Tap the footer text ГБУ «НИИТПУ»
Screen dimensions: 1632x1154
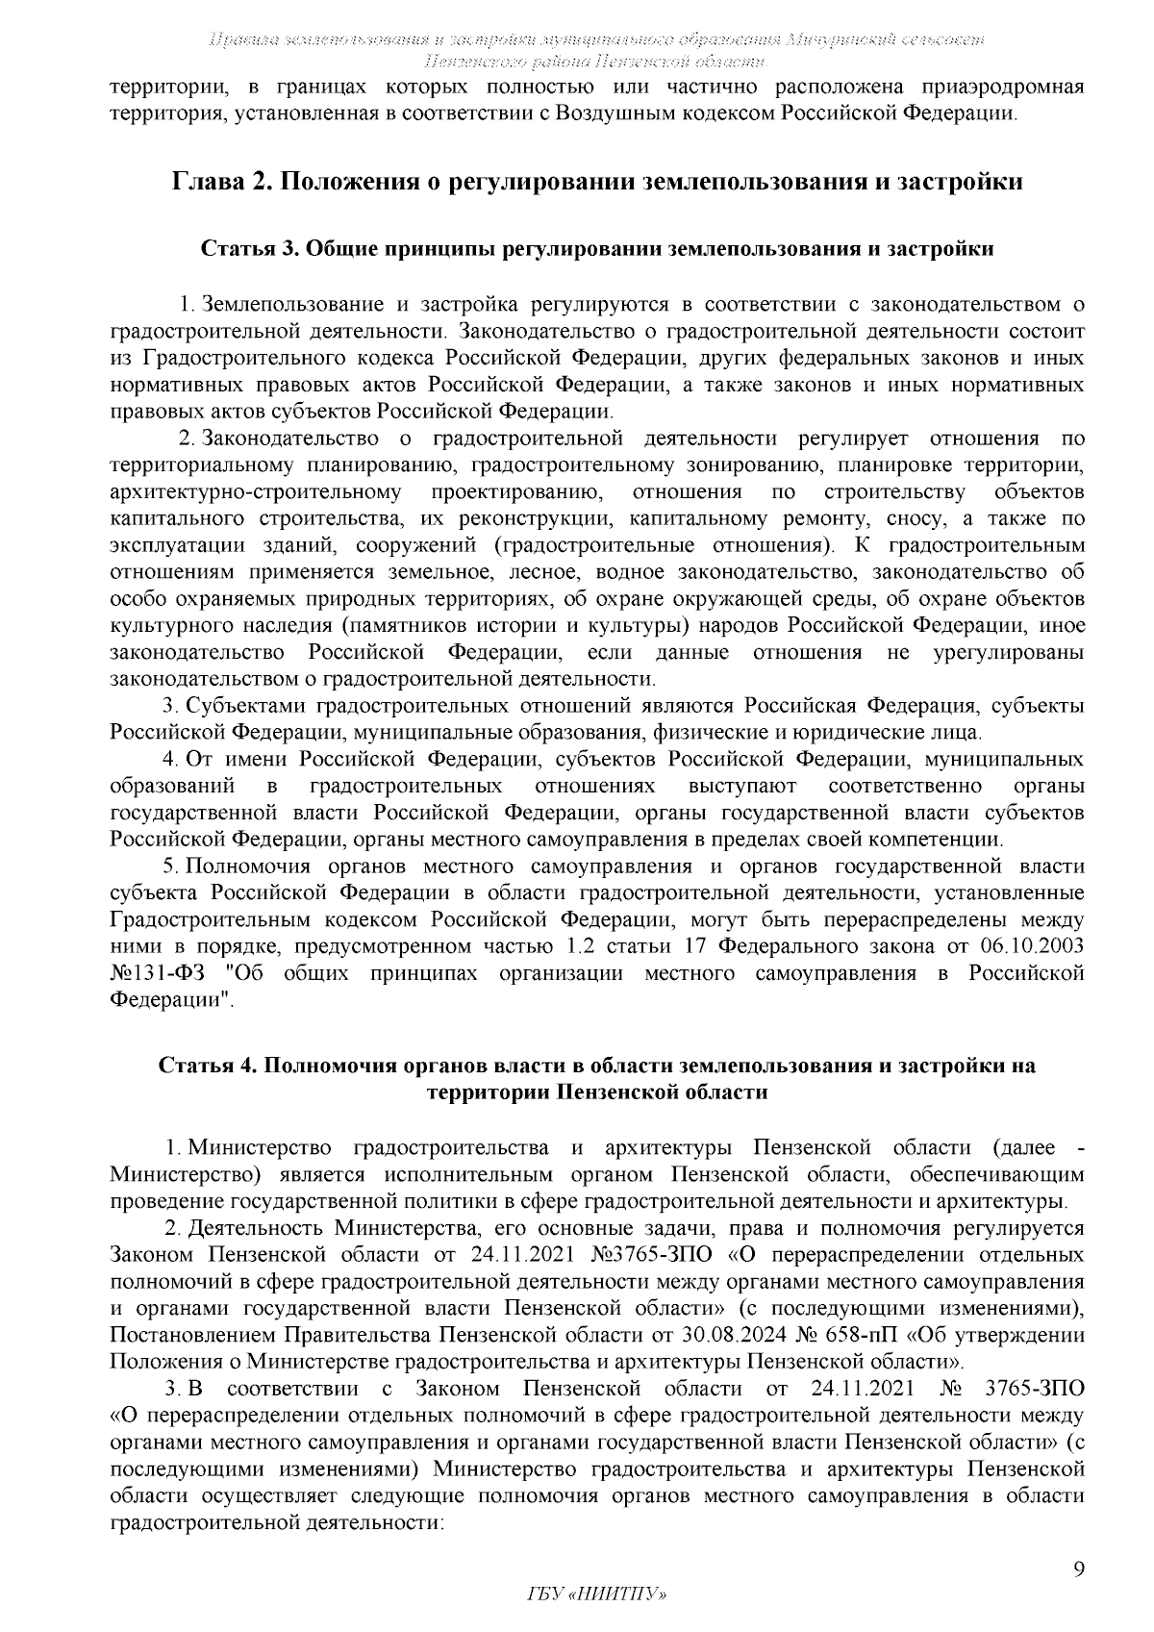click(597, 1594)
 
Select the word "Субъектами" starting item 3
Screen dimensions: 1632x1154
click(246, 707)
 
